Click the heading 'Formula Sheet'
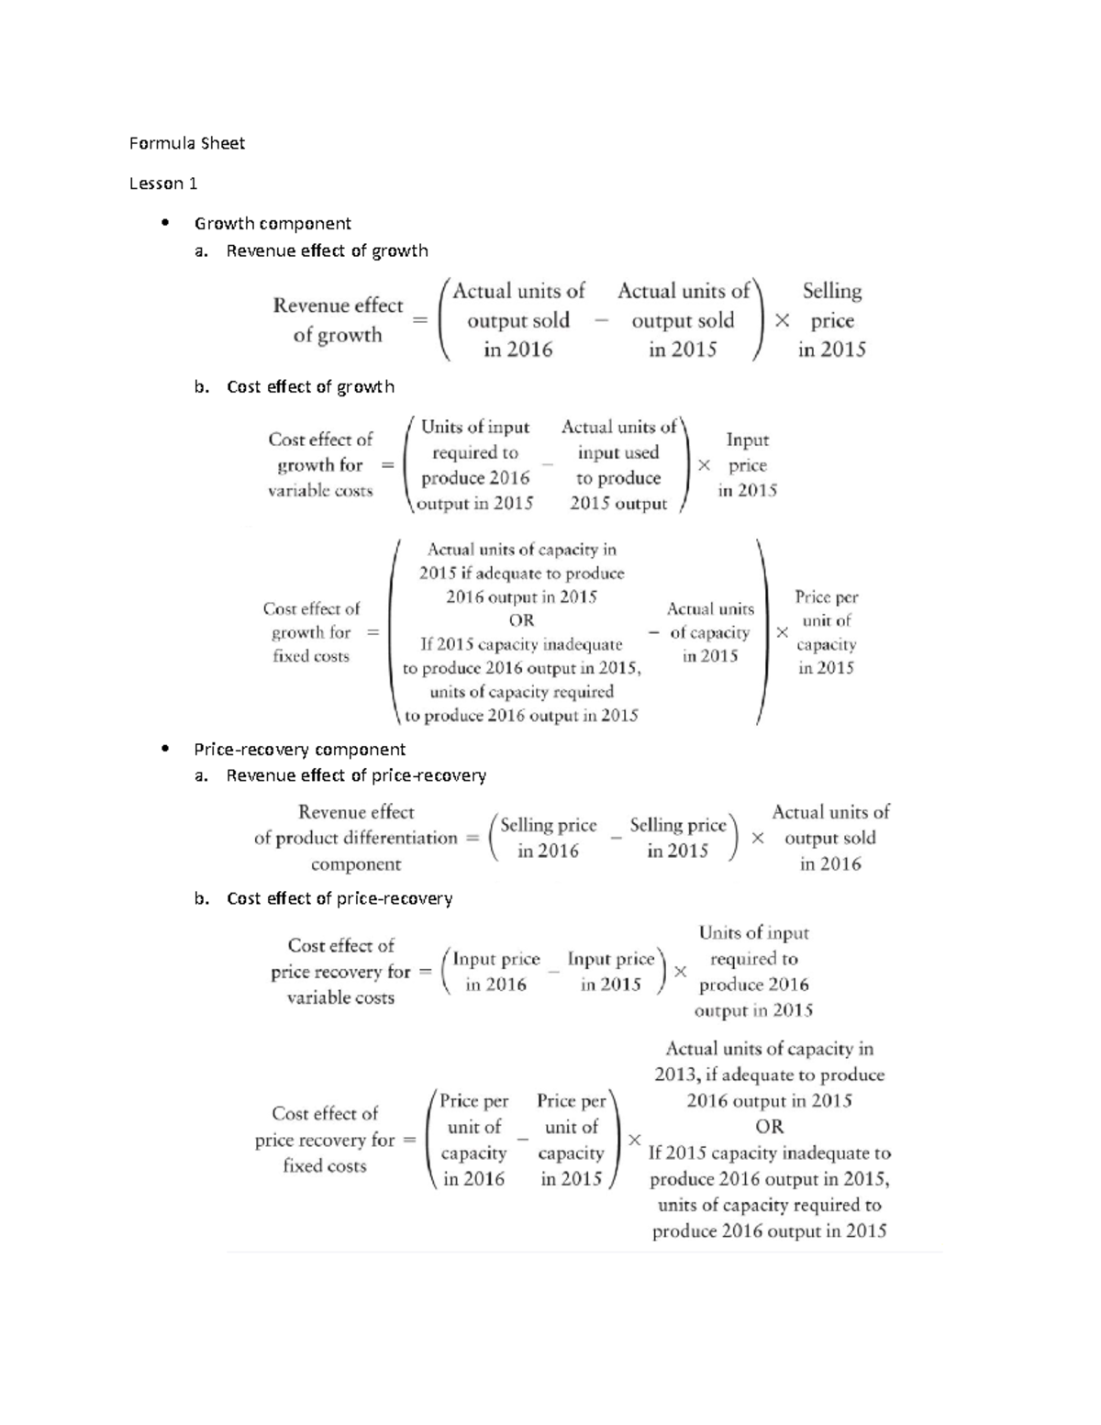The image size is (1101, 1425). (187, 143)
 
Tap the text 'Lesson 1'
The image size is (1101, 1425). (163, 184)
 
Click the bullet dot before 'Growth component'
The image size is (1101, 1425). (165, 223)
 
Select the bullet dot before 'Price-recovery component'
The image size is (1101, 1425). (165, 749)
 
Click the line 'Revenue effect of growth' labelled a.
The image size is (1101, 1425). (327, 250)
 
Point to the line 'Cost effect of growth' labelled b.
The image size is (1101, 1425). (310, 386)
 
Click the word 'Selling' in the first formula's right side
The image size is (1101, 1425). (832, 291)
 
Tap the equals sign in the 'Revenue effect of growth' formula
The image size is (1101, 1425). (420, 321)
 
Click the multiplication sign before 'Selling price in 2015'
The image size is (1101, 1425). (782, 321)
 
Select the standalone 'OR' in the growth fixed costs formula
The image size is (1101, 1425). (521, 620)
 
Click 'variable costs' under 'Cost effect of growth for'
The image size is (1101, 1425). (320, 491)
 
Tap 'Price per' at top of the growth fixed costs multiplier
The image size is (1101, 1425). (826, 596)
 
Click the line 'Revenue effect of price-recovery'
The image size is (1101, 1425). (356, 775)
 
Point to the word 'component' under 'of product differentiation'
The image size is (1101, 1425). (356, 864)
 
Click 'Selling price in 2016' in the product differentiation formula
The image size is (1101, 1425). (548, 838)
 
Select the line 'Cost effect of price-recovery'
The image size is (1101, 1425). (339, 898)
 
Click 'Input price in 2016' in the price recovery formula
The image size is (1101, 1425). (496, 972)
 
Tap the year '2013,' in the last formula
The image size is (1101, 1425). (676, 1074)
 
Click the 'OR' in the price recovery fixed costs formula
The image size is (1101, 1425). (769, 1127)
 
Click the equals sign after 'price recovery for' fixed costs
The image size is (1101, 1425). (409, 1140)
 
